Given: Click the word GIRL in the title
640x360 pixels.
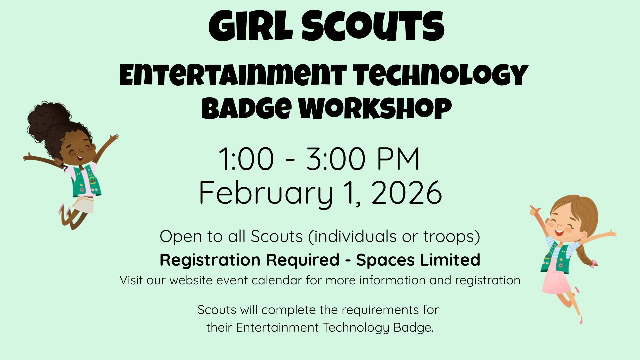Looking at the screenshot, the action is click(x=250, y=26).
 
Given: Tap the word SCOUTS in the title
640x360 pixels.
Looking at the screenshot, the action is click(x=373, y=26).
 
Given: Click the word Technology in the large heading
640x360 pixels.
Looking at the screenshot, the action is click(x=441, y=75).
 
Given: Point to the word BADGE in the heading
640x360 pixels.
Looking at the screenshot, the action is click(x=247, y=108).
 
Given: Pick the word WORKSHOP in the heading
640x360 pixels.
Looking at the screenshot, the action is click(x=375, y=108).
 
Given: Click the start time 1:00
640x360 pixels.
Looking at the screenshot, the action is click(x=246, y=159).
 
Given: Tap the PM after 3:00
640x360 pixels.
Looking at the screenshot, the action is click(x=398, y=159).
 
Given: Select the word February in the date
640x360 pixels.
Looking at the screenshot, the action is click(x=266, y=193).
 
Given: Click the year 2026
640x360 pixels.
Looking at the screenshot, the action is click(x=407, y=193).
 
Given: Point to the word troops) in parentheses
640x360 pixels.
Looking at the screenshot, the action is click(x=452, y=237).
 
